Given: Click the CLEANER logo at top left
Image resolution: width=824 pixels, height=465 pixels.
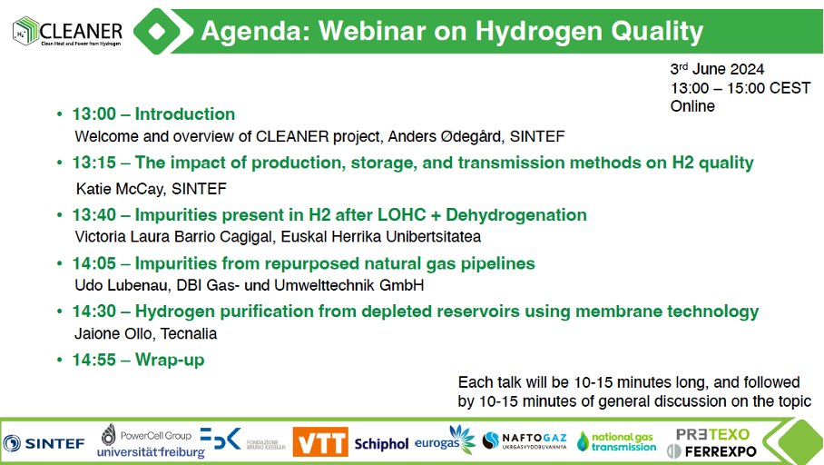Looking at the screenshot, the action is tap(67, 31).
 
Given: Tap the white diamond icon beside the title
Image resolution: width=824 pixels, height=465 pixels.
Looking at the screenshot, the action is tap(157, 31).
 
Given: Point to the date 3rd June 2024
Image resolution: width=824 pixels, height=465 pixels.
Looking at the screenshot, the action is tap(717, 69).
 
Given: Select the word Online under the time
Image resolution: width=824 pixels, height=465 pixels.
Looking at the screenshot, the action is tap(692, 105).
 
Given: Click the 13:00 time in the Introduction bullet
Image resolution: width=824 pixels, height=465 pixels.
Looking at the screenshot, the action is tap(94, 114).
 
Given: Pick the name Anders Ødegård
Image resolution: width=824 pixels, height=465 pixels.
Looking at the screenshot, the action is tap(445, 136).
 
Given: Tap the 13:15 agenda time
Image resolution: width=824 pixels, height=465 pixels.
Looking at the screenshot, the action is tap(94, 163).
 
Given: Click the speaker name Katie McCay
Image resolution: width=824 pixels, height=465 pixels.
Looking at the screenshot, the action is tap(120, 188).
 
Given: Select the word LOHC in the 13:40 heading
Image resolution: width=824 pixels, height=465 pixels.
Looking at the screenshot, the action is tap(394, 214).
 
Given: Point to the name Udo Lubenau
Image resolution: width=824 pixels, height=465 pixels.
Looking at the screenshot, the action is tap(123, 285).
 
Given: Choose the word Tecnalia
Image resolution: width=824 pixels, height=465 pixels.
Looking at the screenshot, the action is tap(189, 333).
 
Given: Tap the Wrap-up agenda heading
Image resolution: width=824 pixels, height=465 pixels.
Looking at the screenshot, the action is tap(170, 360).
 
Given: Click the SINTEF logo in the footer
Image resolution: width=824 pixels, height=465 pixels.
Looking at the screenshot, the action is tap(44, 443).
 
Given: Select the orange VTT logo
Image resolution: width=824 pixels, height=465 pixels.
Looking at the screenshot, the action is tap(320, 442).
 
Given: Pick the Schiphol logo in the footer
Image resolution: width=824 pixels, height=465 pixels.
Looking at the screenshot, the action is tap(381, 444).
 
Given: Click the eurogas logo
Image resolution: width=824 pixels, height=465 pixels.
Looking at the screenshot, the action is tap(445, 440).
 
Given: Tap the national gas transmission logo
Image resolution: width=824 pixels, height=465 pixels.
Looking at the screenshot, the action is tap(617, 442).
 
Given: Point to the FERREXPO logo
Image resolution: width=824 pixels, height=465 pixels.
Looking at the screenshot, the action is tap(711, 450).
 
